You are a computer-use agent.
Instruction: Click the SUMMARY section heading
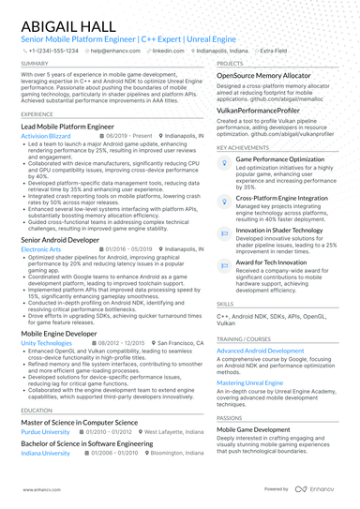point(35,64)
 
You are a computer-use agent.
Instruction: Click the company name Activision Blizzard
point(51,136)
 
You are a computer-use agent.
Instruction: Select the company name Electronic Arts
point(42,250)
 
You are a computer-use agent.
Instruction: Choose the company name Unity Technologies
point(46,344)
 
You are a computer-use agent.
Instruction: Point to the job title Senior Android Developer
point(61,240)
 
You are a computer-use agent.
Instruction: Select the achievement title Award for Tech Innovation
point(273,262)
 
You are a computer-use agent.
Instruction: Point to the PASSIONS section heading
point(229,417)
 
